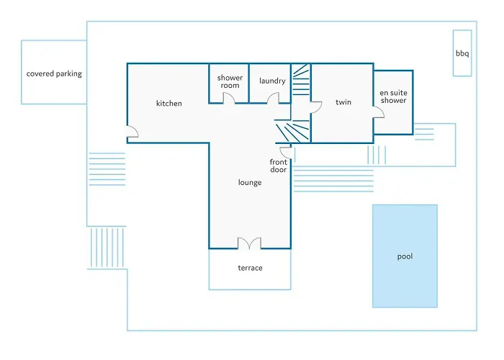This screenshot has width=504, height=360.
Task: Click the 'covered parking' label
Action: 54,73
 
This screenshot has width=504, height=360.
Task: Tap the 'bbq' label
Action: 462,53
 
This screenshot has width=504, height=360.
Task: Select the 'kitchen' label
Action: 169,104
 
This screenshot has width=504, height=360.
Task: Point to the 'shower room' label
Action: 229,81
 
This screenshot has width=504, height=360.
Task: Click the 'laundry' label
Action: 272,81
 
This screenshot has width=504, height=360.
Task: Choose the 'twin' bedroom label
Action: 343,102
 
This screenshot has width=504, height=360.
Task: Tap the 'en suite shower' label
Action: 393,96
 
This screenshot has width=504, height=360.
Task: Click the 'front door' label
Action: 278,166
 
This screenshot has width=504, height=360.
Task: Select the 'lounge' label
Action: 250,183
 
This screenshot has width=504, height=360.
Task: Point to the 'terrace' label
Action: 250,268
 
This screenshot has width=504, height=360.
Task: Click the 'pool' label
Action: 405,256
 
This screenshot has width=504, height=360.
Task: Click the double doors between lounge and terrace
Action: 250,243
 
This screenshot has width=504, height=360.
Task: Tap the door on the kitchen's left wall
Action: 132,132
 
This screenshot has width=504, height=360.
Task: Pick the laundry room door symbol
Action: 274,99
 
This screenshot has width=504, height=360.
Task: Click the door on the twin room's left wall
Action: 315,107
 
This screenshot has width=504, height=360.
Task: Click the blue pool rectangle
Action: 405,230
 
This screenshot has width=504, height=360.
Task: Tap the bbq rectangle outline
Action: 462,36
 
